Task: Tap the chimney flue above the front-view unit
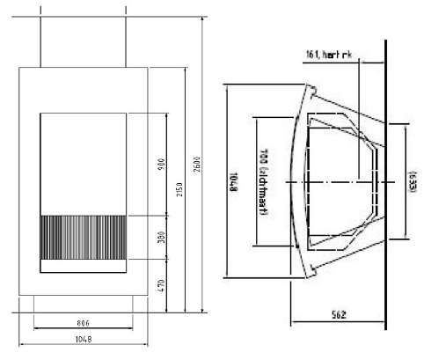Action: pos(84,40)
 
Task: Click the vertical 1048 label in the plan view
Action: pos(233,180)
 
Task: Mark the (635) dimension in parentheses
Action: pos(410,180)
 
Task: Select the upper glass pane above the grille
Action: pos(84,164)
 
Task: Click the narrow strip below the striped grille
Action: pos(84,265)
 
